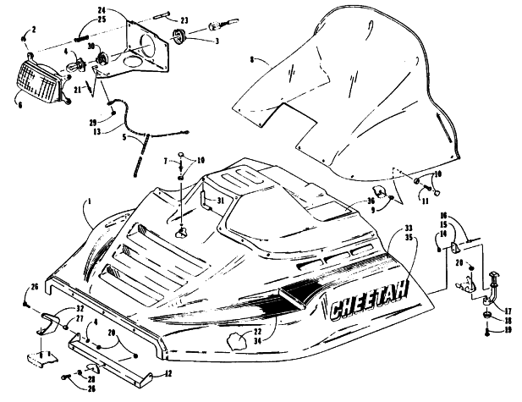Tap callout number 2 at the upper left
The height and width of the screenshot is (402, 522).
tap(34, 30)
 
